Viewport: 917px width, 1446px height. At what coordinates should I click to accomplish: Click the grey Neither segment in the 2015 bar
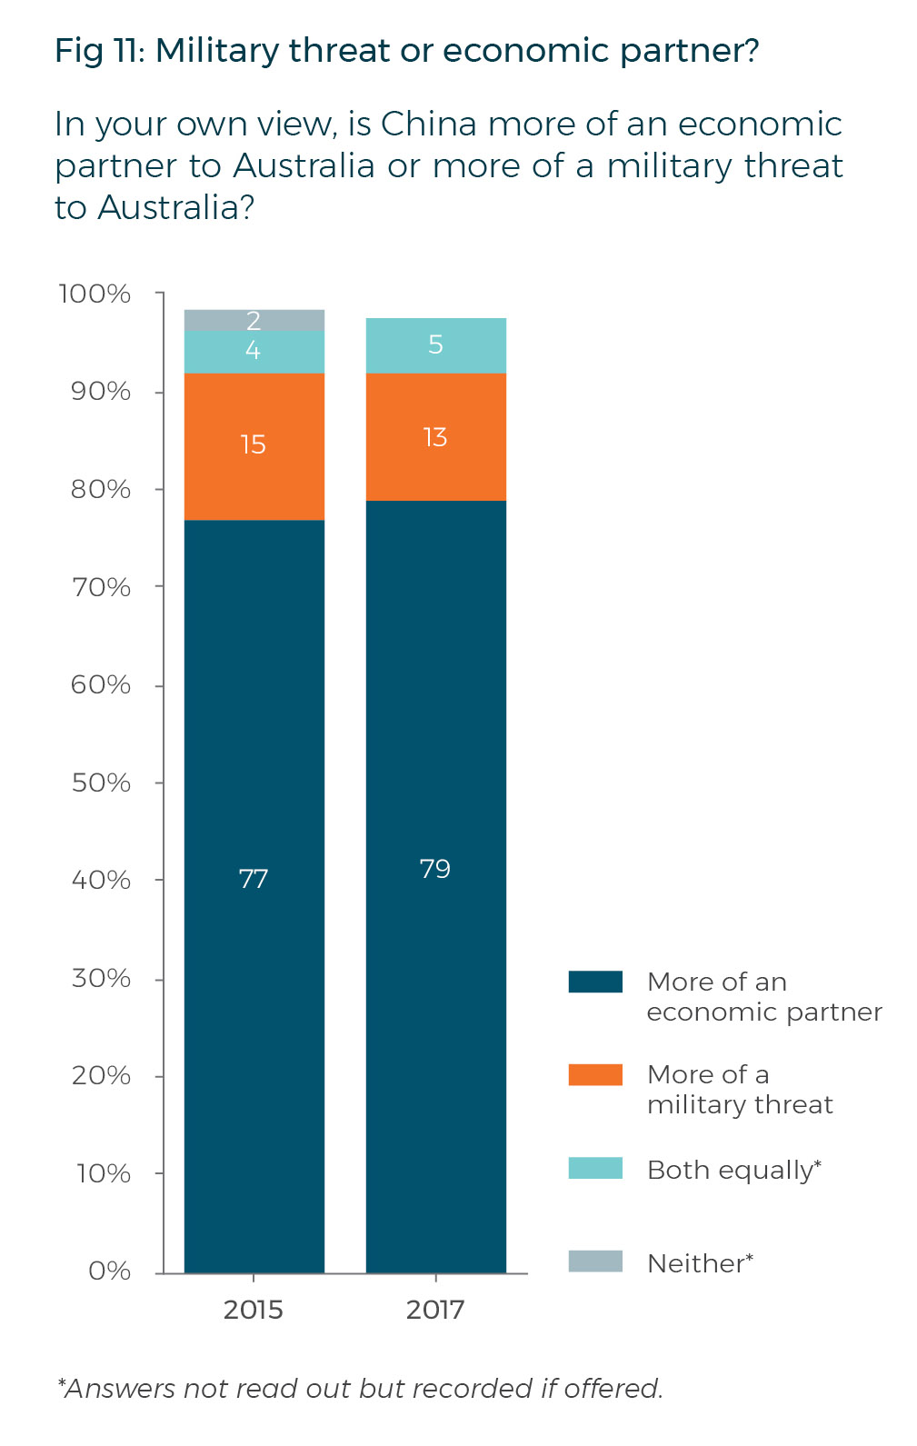click(x=254, y=320)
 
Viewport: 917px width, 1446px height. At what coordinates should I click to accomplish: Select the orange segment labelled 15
click(x=254, y=445)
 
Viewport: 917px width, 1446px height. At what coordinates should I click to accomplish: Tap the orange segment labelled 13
click(x=435, y=437)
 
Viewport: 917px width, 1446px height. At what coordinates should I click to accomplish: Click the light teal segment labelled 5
click(x=435, y=345)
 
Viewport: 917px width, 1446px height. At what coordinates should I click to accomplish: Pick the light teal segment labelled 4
click(x=254, y=352)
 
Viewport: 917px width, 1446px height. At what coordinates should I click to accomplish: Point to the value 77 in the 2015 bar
click(x=254, y=879)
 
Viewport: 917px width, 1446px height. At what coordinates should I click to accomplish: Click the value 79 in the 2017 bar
click(x=435, y=869)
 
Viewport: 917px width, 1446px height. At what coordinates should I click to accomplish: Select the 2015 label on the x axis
click(x=254, y=1310)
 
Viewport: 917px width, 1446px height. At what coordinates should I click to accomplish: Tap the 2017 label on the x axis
click(x=435, y=1310)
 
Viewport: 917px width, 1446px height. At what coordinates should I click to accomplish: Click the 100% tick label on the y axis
click(x=95, y=294)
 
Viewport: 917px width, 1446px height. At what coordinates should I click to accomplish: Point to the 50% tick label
click(x=101, y=783)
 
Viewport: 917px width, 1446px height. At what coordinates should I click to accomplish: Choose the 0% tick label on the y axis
click(x=109, y=1271)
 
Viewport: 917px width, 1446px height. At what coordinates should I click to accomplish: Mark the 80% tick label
click(x=101, y=489)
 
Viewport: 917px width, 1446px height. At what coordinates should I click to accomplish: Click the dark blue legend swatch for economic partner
click(x=595, y=982)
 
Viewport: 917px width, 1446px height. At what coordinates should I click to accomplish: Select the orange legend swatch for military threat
click(x=595, y=1074)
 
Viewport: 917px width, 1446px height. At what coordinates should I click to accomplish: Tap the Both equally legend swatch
click(x=595, y=1168)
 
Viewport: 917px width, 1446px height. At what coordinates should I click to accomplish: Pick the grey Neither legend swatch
click(x=595, y=1262)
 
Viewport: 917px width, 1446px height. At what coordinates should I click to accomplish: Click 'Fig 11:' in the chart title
click(x=100, y=51)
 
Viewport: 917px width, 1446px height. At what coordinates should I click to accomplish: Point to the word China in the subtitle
click(x=428, y=124)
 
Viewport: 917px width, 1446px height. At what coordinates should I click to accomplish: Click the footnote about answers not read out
click(x=361, y=1389)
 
